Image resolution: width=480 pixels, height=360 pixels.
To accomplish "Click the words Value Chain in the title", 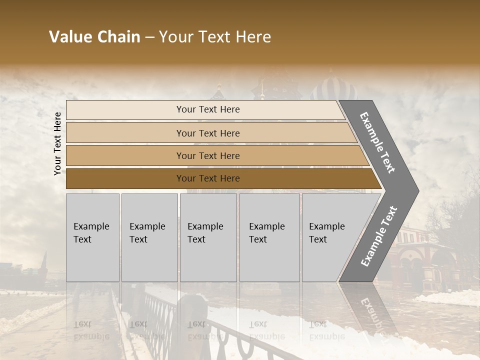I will click(94, 37).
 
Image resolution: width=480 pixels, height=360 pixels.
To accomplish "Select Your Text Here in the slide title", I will click(215, 37).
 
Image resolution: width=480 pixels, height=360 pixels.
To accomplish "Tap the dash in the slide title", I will click(149, 37).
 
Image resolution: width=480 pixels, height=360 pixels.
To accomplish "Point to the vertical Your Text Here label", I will click(57, 143).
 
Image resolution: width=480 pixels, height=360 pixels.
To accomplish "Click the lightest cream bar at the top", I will click(208, 109).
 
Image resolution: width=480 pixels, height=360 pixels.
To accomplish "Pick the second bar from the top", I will click(208, 133).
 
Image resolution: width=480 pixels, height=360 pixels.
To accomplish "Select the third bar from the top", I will click(208, 155).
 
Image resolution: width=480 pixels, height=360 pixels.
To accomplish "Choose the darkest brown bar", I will click(208, 178).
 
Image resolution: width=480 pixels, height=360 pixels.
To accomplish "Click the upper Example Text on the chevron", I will click(377, 142).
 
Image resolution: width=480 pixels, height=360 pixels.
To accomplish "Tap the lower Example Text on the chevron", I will click(378, 236).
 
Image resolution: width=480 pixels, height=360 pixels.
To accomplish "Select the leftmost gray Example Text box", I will click(92, 237).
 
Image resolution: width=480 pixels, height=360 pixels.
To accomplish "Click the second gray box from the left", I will click(149, 237).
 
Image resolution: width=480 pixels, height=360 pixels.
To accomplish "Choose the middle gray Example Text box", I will click(208, 237).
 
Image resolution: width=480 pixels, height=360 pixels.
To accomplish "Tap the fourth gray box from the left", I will click(269, 237).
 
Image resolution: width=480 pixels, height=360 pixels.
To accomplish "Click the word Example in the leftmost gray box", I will click(91, 226).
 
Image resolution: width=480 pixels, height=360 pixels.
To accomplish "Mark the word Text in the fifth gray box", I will click(318, 239).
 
